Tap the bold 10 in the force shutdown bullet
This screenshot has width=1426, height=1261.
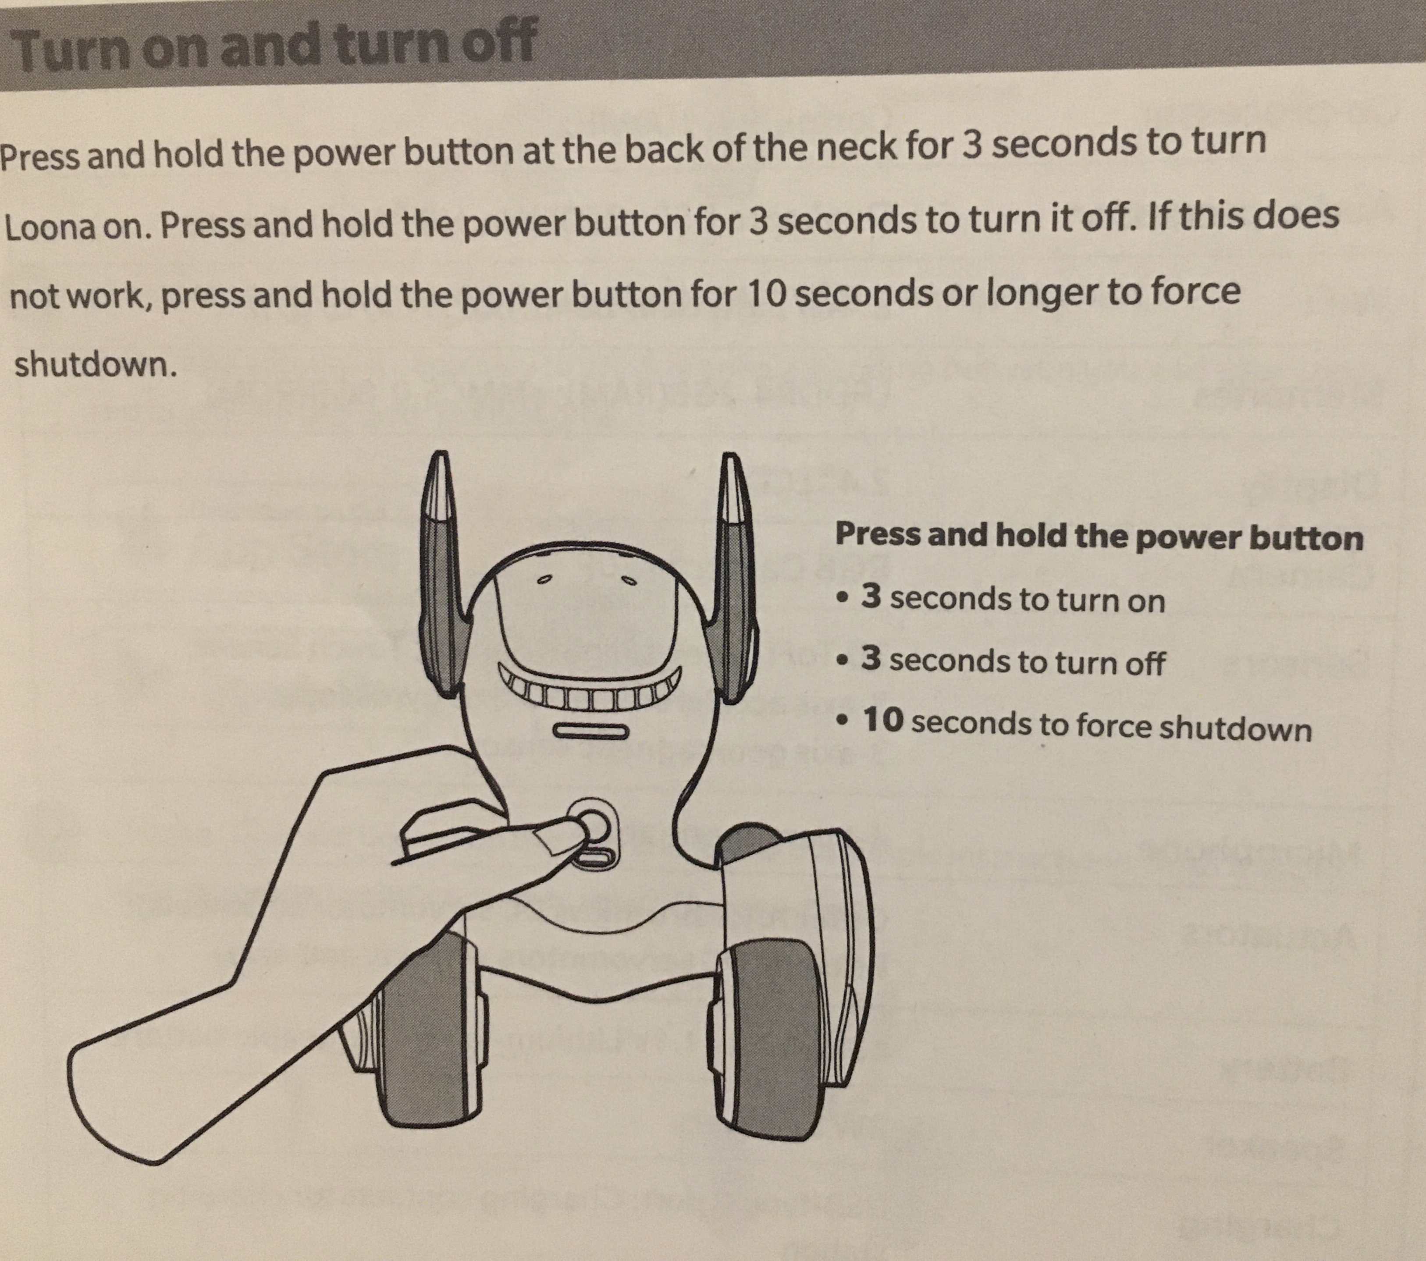883,719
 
